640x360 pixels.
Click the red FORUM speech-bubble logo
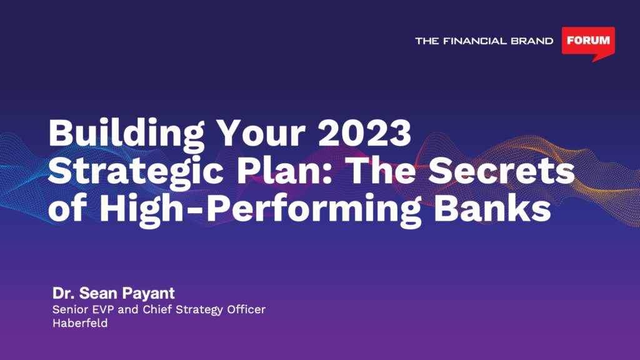[x=588, y=43]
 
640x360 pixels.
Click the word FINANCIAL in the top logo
[x=474, y=41]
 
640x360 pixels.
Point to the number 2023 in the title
[x=364, y=133]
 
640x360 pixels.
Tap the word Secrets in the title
[x=501, y=171]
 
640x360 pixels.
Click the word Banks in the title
[x=492, y=207]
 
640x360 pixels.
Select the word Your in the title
[x=261, y=133]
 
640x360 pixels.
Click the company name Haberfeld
[x=80, y=323]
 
